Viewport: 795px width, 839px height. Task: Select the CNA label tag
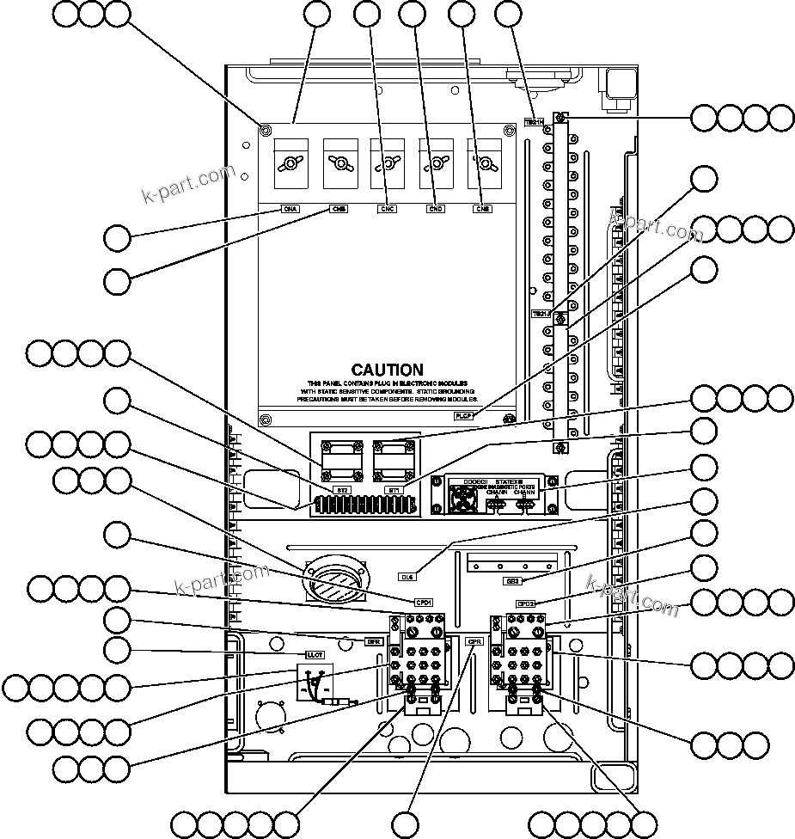(291, 209)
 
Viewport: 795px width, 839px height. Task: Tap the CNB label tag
(339, 209)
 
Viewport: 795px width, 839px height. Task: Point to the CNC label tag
(387, 209)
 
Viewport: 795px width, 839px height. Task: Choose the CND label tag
(435, 209)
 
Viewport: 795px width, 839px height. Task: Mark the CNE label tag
(482, 209)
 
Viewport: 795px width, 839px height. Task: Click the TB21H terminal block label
(535, 122)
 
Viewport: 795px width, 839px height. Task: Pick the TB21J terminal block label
(541, 314)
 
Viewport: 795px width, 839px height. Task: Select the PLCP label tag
(464, 414)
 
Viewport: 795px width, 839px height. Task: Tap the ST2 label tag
(342, 490)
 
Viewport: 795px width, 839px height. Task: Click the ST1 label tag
(394, 490)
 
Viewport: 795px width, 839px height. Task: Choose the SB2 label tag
(512, 581)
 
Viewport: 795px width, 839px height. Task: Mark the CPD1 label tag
(423, 603)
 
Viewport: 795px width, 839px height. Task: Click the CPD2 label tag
(526, 603)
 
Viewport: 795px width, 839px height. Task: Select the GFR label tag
(374, 640)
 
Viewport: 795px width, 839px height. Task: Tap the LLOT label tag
(315, 655)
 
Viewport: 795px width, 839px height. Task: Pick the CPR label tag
(474, 641)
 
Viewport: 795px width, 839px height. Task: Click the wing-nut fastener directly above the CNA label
(291, 162)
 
